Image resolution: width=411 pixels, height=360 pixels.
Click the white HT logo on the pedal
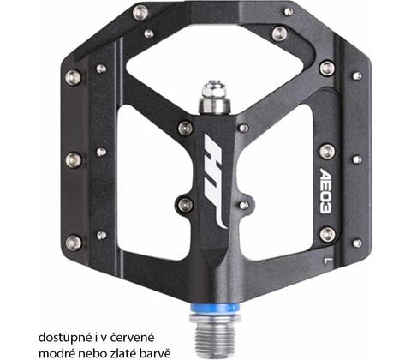(x=216, y=180)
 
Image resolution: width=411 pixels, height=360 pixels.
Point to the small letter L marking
(x=326, y=260)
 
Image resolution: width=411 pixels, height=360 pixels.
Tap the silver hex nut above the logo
(x=215, y=91)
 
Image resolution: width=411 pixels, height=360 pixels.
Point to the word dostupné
(x=64, y=338)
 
